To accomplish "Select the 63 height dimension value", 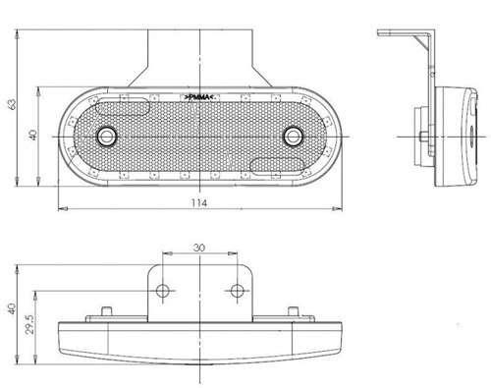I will tap(12, 103).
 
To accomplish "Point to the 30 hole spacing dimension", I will tap(199, 249).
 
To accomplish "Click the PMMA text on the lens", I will tap(200, 100).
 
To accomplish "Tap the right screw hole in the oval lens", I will tap(293, 134).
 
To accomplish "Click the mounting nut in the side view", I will tap(420, 135).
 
